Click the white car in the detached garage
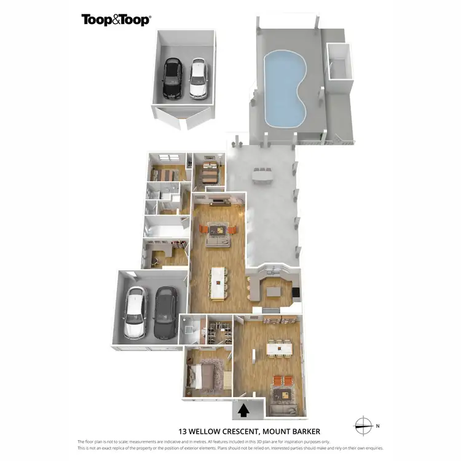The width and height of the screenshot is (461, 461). pos(198,79)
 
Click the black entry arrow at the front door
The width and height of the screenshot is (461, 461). pos(244,409)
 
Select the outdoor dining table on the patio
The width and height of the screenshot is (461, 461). pos(261,174)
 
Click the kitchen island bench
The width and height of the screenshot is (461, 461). pos(272,286)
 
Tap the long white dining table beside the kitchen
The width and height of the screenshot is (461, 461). pos(218,283)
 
